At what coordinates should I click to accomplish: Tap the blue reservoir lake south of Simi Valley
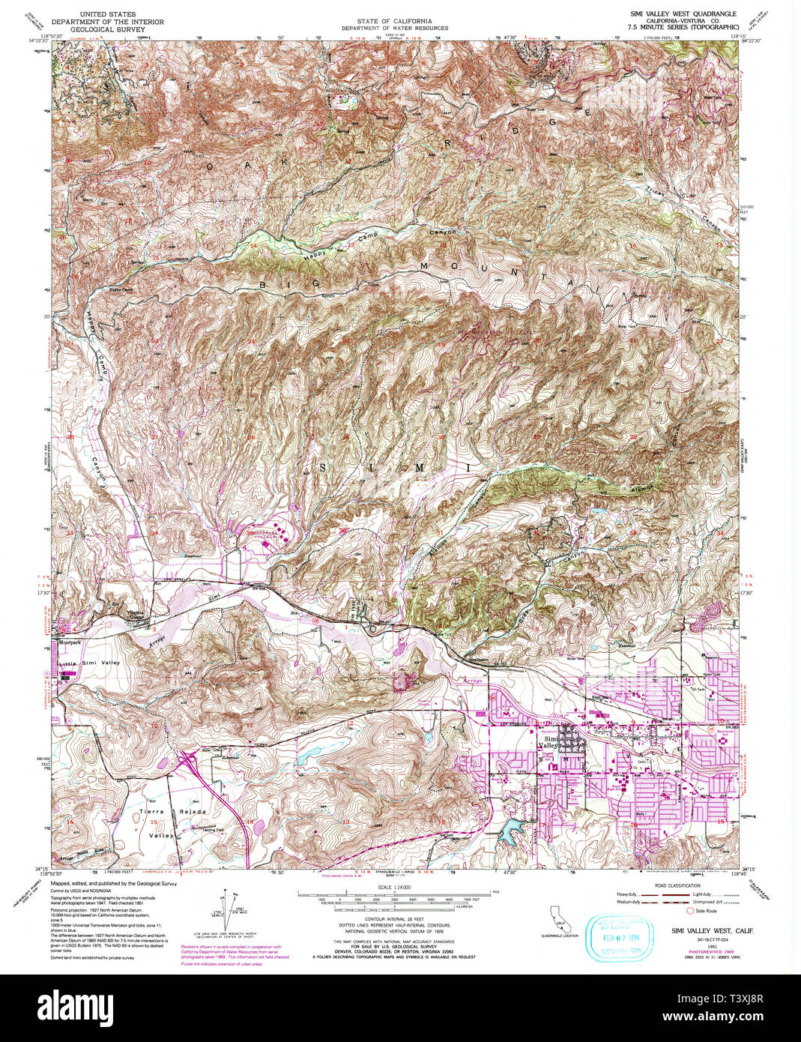coord(516,829)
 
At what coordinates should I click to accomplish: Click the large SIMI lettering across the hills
coord(397,468)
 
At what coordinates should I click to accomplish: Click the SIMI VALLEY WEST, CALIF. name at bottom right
coord(712,930)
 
